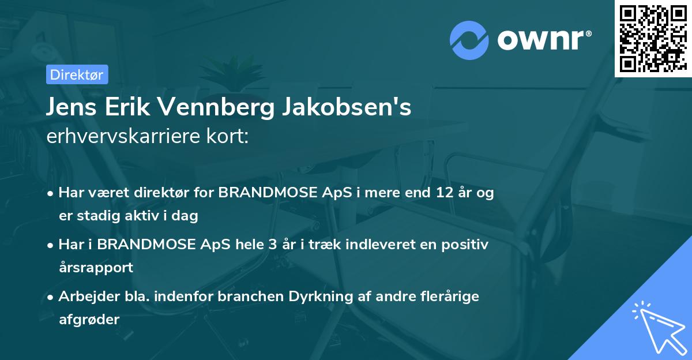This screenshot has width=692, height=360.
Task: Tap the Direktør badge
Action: (x=77, y=74)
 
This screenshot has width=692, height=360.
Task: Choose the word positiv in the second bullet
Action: (x=464, y=245)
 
